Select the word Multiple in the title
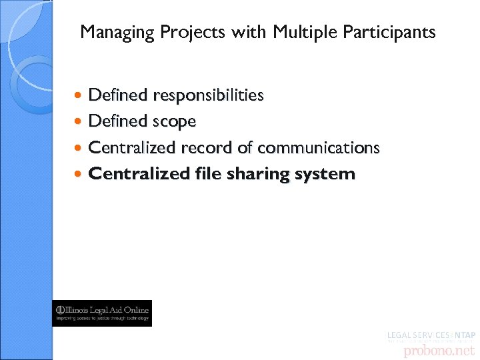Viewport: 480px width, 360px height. pos(300,32)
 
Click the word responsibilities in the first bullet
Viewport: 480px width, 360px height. pos(208,96)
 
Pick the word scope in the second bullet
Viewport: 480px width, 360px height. pos(174,122)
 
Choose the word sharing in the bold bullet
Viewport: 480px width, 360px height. pos(257,175)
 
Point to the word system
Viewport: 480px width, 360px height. pos(325,175)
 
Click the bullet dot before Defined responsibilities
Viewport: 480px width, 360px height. pos(79,96)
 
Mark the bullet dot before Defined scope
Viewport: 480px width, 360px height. pos(79,122)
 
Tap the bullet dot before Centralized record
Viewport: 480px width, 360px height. pos(79,147)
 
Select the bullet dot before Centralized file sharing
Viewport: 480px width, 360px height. pos(79,175)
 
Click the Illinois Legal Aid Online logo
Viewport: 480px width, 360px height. pos(102,313)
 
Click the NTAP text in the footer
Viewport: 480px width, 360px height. pos(464,335)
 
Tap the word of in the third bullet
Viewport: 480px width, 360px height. pos(245,147)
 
